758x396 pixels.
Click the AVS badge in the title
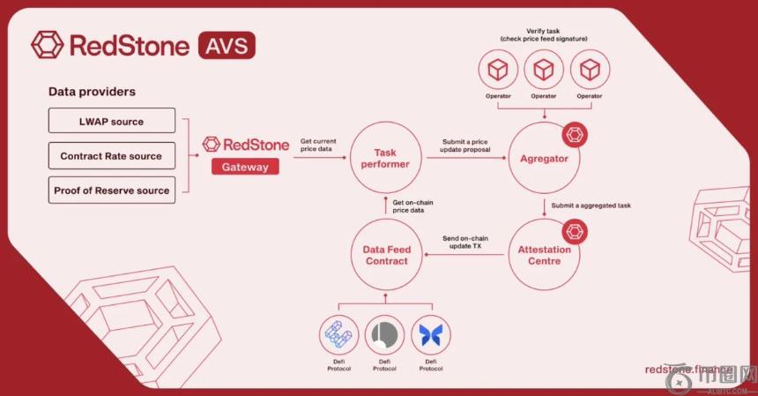[227, 44]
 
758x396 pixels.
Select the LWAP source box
[111, 121]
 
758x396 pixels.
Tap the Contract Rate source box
[111, 156]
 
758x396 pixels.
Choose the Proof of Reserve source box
[111, 191]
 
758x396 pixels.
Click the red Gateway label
[244, 166]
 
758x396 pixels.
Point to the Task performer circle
[386, 158]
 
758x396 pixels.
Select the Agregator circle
[544, 158]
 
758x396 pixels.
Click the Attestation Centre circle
[544, 255]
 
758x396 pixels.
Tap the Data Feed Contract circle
[386, 255]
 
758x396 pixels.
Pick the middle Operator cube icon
[544, 69]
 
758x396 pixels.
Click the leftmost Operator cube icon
[498, 69]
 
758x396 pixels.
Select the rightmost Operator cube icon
[590, 69]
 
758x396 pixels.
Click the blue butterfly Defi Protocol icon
[431, 335]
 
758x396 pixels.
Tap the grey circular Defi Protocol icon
[385, 335]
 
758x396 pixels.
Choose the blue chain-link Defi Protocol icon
[339, 335]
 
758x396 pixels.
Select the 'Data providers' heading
[92, 92]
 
